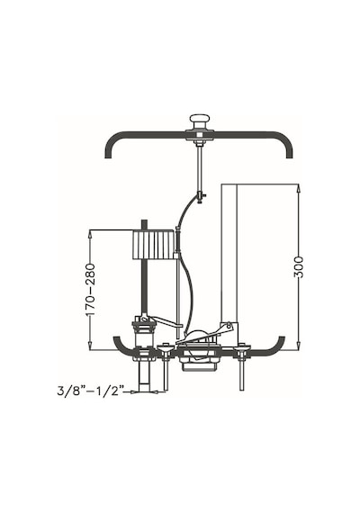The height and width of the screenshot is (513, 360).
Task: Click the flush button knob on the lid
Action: click(199, 121)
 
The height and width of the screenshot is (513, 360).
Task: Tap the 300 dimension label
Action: click(299, 267)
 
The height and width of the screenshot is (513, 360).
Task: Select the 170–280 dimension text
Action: click(90, 289)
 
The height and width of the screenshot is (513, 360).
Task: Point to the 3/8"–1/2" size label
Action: click(91, 391)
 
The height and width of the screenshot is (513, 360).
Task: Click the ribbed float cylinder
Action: click(153, 245)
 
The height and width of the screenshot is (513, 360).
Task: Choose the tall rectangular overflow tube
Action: click(229, 254)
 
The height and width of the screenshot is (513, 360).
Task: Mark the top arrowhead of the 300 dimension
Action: click(299, 188)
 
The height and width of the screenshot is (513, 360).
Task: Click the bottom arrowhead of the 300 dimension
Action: click(299, 346)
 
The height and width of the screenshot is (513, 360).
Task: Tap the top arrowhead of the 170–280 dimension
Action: click(90, 234)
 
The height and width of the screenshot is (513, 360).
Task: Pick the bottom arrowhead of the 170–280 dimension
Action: click(90, 346)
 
